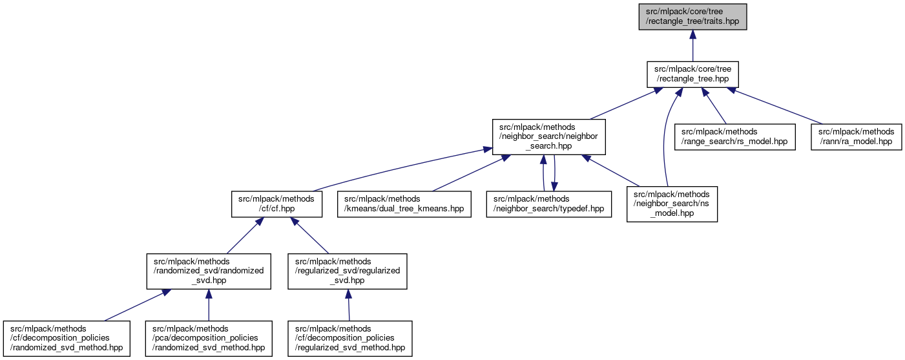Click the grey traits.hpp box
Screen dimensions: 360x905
[692, 17]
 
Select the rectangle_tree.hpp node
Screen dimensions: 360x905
[692, 74]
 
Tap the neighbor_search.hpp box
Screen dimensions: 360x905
[548, 136]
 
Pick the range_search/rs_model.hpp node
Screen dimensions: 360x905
[734, 136]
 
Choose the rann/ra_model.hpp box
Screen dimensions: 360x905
[856, 136]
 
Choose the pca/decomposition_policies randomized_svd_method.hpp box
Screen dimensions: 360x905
[208, 338]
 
